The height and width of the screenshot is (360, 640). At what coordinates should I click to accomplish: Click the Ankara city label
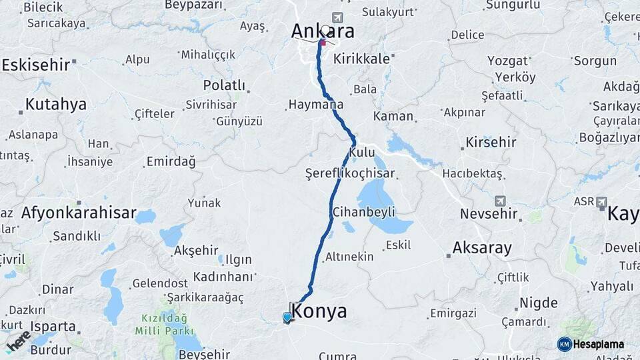point(322,31)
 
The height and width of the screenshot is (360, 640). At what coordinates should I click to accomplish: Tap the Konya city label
point(319,311)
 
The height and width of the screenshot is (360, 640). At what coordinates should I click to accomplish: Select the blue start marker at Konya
point(287,317)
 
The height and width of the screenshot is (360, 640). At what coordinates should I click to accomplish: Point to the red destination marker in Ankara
point(323,43)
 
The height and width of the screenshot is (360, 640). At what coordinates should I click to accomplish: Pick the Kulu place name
point(362,153)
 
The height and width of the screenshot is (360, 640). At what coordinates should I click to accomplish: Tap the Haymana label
point(315,105)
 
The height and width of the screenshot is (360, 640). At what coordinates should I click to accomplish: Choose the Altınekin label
point(349,257)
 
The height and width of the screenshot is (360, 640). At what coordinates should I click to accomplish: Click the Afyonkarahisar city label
point(78,213)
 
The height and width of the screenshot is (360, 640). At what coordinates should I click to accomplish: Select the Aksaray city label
point(482,248)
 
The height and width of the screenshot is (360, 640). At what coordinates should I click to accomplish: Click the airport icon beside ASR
point(601,201)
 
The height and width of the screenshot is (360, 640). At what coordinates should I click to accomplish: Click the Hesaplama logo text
point(598,344)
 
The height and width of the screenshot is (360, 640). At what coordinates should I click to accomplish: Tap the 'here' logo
point(19,341)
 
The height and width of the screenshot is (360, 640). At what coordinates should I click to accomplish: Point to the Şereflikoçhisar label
point(350,173)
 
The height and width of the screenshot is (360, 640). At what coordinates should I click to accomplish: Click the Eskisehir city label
point(36,65)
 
